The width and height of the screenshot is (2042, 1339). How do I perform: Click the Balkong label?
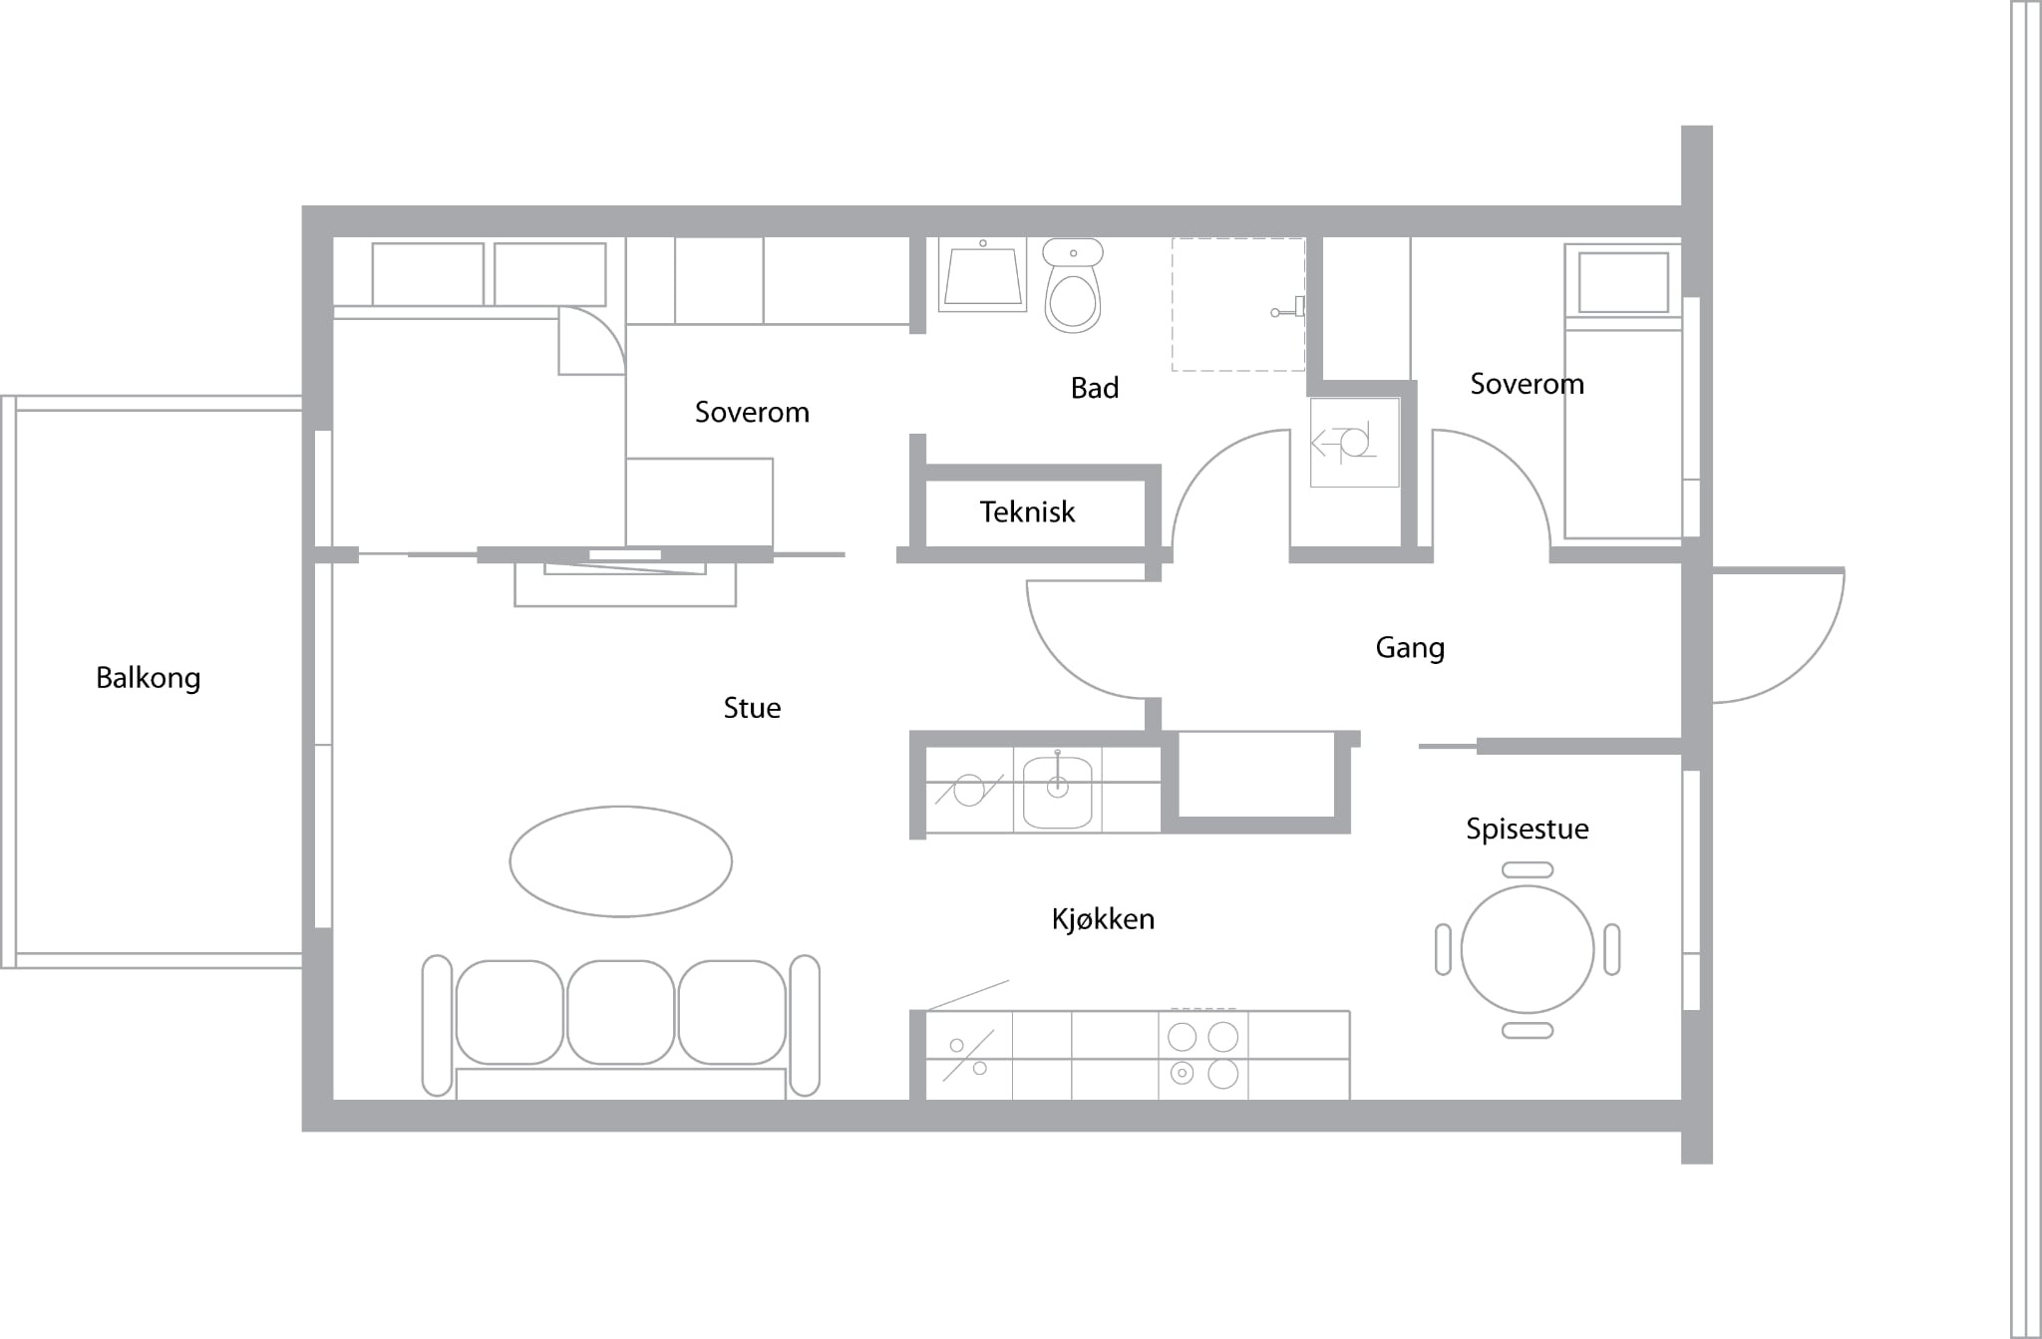tap(149, 678)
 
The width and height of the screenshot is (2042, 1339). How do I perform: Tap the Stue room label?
tap(752, 708)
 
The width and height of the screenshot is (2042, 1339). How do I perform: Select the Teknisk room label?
tap(1027, 511)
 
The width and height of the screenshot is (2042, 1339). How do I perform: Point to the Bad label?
tap(1095, 387)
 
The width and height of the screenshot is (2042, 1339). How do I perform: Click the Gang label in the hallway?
tap(1410, 648)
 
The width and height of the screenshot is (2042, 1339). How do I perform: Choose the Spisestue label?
tap(1527, 829)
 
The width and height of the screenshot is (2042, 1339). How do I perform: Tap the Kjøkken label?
tap(1103, 918)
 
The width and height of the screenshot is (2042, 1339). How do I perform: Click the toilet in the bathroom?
tap(1073, 285)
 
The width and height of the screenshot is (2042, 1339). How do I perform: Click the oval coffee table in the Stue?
tap(620, 860)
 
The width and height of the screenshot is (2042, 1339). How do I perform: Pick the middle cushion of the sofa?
tap(620, 1012)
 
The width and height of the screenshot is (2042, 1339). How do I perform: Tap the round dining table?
tap(1527, 949)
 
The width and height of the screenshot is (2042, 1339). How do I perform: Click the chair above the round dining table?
tap(1527, 869)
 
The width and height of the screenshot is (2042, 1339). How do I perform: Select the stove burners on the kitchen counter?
tap(1203, 1055)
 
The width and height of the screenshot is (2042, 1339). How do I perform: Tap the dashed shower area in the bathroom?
tap(1238, 304)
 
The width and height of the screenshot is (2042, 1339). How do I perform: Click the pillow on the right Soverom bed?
tap(1623, 282)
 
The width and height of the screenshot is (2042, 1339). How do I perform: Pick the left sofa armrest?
tap(437, 1025)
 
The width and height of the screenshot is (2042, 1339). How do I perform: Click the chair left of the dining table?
tap(1443, 949)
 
